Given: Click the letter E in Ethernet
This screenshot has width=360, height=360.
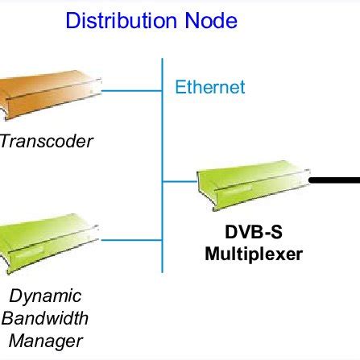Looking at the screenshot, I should tap(182, 88).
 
